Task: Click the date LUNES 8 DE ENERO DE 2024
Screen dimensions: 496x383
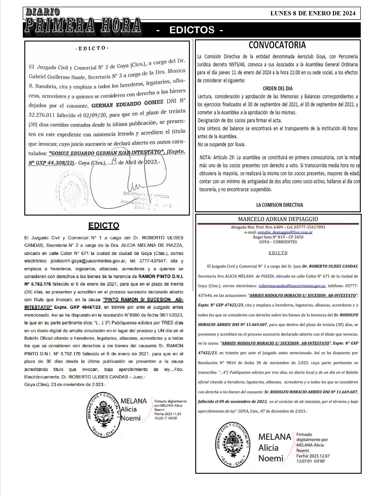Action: point(313,13)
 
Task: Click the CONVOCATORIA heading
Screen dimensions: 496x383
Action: point(277,45)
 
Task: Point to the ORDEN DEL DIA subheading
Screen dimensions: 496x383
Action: point(278,89)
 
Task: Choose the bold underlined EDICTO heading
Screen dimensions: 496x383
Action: point(103,225)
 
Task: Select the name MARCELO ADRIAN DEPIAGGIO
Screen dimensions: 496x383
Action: point(278,219)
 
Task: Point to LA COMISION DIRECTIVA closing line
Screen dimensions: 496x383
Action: point(279,205)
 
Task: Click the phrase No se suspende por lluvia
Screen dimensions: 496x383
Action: point(221,145)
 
